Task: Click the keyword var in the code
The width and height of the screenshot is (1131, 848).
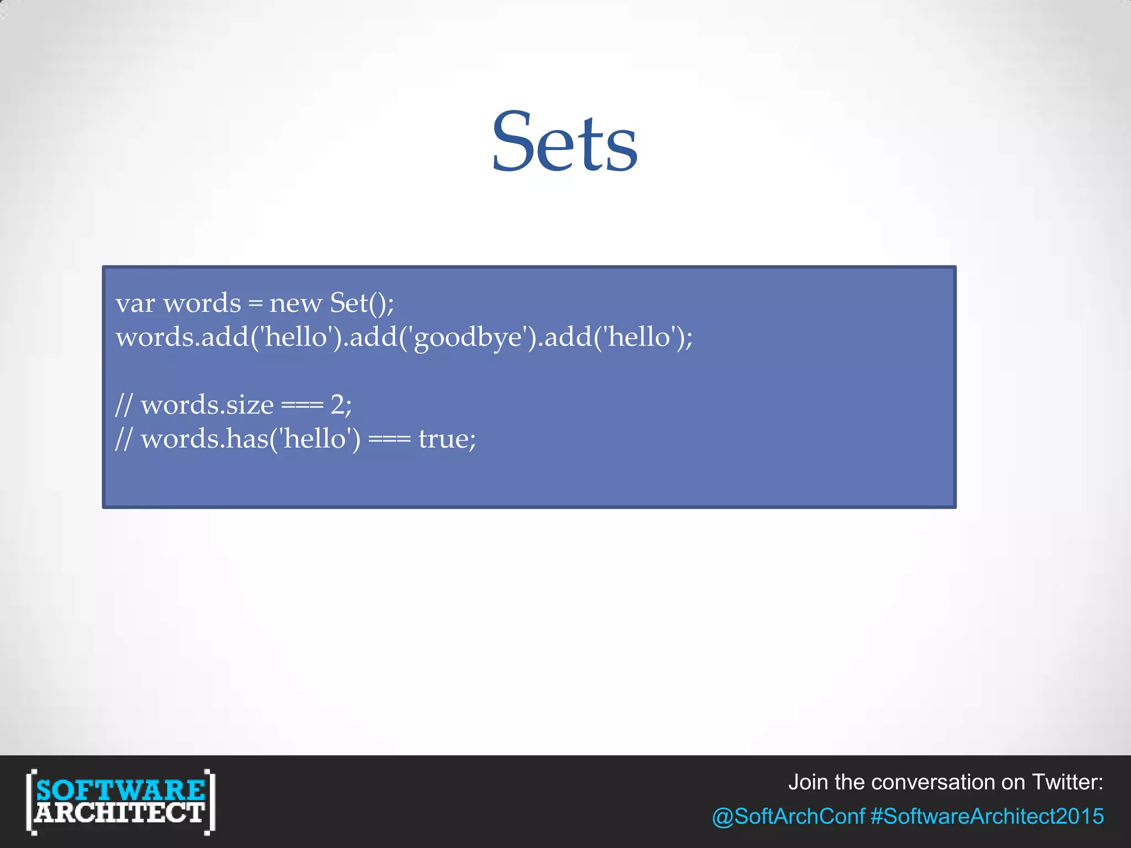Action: (x=135, y=304)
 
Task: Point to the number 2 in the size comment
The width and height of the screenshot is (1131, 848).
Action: (x=337, y=405)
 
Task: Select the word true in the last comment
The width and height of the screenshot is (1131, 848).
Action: (x=443, y=439)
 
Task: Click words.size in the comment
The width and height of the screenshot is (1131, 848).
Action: (x=207, y=405)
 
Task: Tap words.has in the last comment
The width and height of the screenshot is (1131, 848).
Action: (x=204, y=439)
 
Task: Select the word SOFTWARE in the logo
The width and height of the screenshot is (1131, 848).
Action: (x=120, y=789)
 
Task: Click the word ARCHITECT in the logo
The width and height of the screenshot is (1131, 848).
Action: (x=120, y=813)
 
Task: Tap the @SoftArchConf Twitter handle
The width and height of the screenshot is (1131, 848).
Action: (x=788, y=816)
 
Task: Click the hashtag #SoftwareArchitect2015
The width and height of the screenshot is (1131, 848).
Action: (x=987, y=816)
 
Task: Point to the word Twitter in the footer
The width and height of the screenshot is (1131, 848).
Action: (x=1066, y=782)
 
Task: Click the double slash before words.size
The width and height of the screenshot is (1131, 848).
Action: (x=124, y=405)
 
